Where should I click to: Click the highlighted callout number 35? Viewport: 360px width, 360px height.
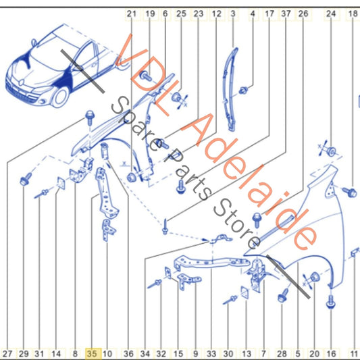[x=92, y=353]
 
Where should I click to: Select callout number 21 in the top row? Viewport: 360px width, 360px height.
[x=132, y=14]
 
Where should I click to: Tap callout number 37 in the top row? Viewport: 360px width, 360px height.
[x=286, y=14]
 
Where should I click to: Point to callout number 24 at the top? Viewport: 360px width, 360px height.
[x=331, y=14]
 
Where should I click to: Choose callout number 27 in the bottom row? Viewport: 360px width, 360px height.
[x=7, y=354]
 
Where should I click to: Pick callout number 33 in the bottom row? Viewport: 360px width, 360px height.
[x=211, y=354]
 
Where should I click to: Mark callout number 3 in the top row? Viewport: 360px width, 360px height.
[x=233, y=14]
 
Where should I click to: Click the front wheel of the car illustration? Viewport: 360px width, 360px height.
[x=60, y=97]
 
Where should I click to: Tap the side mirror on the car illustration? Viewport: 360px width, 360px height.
[x=34, y=43]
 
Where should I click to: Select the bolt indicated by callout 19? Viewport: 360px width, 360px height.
[x=146, y=76]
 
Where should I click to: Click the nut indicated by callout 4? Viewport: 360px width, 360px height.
[x=243, y=91]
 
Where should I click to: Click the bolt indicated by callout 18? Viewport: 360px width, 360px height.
[x=350, y=192]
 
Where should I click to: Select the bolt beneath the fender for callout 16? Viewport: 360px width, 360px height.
[x=330, y=301]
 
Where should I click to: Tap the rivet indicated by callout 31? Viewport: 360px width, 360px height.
[x=41, y=194]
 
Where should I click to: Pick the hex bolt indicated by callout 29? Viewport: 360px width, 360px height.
[x=26, y=179]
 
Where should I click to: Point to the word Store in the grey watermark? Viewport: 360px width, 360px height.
[x=236, y=224]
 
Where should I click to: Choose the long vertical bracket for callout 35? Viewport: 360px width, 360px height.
[x=106, y=193]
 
